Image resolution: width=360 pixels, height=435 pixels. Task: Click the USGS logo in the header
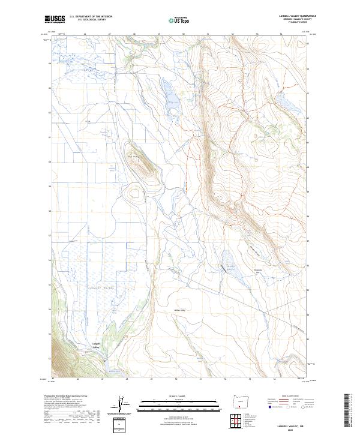pos(55,20)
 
